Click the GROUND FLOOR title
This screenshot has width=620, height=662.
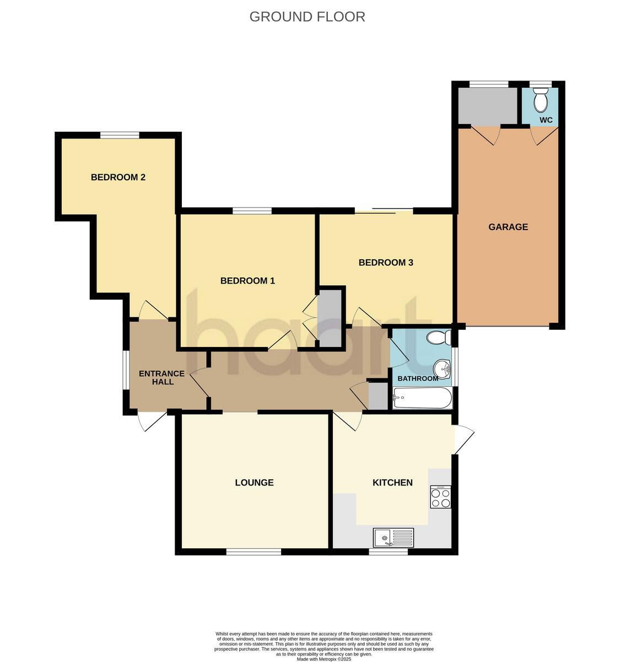click(x=307, y=17)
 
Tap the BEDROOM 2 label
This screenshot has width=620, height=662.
click(x=118, y=177)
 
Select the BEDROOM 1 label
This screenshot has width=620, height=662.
click(x=247, y=281)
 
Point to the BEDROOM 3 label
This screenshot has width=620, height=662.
click(x=386, y=263)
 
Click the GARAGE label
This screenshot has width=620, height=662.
click(x=508, y=227)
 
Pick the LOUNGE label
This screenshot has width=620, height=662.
click(x=254, y=483)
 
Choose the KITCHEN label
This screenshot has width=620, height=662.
click(x=392, y=483)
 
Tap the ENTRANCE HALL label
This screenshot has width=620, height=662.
click(x=161, y=377)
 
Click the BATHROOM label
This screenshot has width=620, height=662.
click(x=418, y=378)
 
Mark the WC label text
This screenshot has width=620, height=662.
click(x=546, y=120)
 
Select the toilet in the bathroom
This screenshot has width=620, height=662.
click(x=440, y=337)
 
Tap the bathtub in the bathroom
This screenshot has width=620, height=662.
click(x=422, y=398)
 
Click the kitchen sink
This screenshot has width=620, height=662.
click(x=393, y=537)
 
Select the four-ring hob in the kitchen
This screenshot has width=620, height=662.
click(x=440, y=497)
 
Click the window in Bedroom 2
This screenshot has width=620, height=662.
click(x=120, y=135)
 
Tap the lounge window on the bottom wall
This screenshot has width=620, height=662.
click(x=254, y=551)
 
